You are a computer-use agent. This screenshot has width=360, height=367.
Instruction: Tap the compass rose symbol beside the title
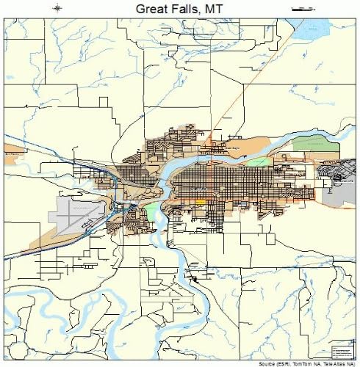(58, 7)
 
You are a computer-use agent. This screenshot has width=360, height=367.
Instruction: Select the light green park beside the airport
(151, 214)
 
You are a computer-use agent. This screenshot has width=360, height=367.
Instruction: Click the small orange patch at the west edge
(11, 155)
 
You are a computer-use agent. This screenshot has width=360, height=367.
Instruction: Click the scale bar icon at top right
(303, 7)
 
